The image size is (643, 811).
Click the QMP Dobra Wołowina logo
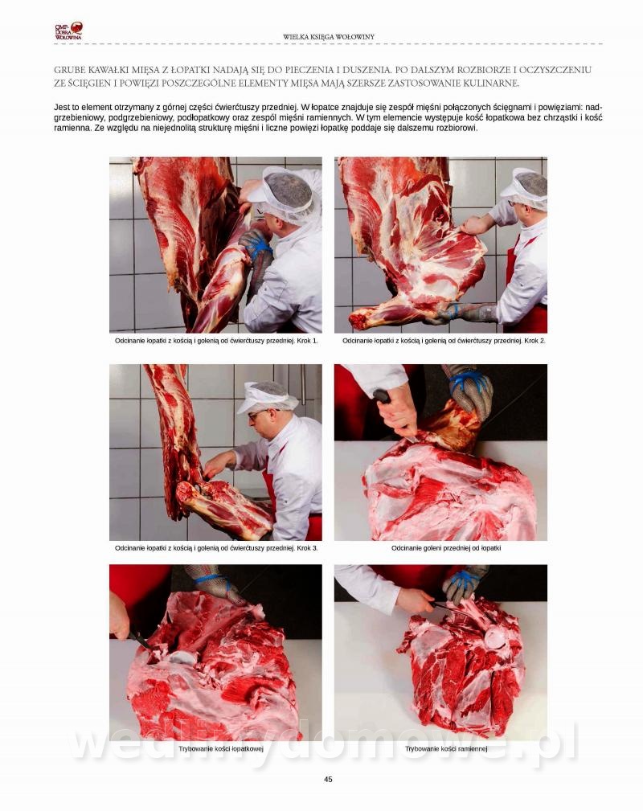tap(68, 31)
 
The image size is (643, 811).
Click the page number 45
tap(328, 779)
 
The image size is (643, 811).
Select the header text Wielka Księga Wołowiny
tap(329, 37)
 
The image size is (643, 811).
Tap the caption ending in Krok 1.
tap(216, 341)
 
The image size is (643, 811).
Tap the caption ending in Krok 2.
tap(444, 341)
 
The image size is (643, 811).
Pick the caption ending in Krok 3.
tap(216, 547)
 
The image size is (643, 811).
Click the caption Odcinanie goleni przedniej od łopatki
tap(446, 547)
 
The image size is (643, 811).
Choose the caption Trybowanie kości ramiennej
tap(446, 748)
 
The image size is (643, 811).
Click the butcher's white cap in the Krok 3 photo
tap(265, 396)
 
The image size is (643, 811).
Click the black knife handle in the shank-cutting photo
tap(382, 397)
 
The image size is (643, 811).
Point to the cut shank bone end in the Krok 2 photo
tap(358, 320)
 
